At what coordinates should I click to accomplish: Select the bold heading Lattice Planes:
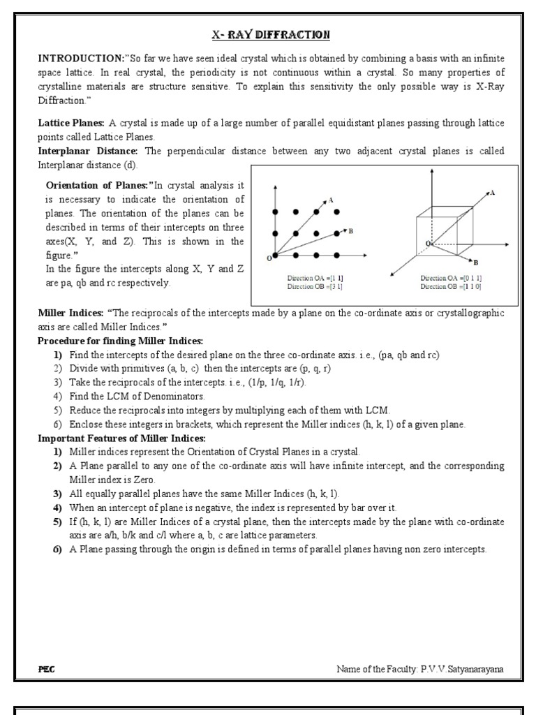pyautogui.click(x=71, y=123)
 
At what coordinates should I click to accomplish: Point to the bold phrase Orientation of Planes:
pyautogui.click(x=98, y=185)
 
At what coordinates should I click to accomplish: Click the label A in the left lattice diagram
pyautogui.click(x=330, y=200)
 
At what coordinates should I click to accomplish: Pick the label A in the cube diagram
pyautogui.click(x=493, y=191)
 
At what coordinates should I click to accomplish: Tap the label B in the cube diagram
pyautogui.click(x=475, y=263)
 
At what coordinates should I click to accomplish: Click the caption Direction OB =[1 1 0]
pyautogui.click(x=451, y=286)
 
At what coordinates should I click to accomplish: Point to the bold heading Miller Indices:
pyautogui.click(x=70, y=314)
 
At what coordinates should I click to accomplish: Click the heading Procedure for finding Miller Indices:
pyautogui.click(x=120, y=341)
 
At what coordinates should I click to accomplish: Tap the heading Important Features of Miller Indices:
pyautogui.click(x=121, y=438)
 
